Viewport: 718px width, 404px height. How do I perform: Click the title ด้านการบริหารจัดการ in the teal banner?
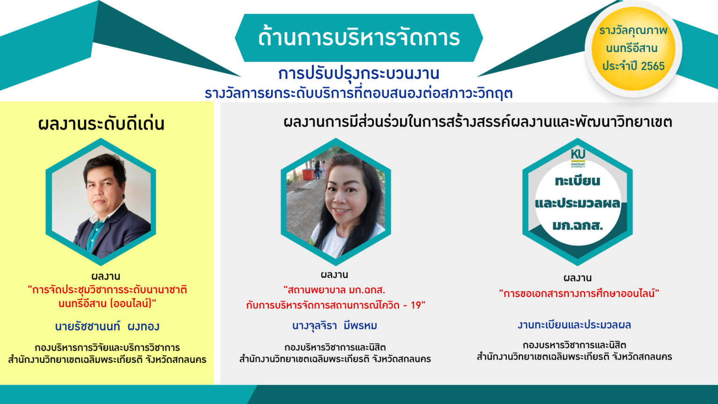[359, 37]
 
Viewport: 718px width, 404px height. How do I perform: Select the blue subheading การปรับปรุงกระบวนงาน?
[359, 73]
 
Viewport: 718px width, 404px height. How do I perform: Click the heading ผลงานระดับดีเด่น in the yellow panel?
[101, 123]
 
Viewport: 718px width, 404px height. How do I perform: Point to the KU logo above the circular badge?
[578, 158]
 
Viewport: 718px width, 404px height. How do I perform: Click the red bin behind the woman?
[309, 174]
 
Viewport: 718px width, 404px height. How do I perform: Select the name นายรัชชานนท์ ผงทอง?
[107, 326]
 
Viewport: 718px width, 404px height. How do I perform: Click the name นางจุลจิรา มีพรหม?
[334, 326]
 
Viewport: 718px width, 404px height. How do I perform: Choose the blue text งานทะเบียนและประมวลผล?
[574, 325]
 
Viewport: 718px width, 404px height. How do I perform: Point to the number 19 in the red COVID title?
[416, 305]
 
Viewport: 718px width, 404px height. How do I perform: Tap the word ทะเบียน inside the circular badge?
[577, 181]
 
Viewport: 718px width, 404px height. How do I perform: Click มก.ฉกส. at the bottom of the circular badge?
[578, 225]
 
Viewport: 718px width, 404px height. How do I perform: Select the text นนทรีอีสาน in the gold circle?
[632, 48]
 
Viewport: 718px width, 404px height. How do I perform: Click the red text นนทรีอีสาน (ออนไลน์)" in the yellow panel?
[107, 303]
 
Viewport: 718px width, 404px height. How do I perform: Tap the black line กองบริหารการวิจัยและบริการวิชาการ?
[107, 347]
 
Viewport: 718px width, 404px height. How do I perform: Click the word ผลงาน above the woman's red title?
[334, 274]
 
